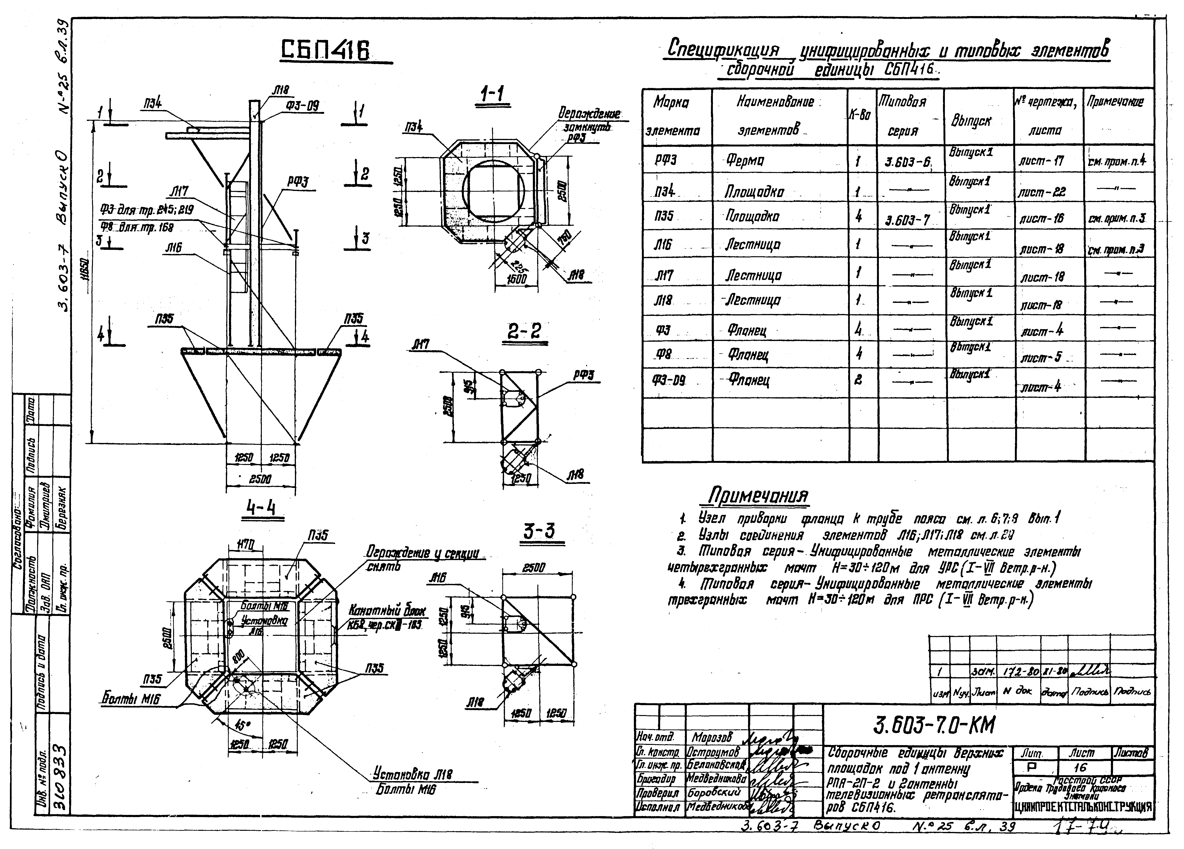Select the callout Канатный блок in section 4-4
[x=386, y=610]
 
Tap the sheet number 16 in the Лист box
[x=1080, y=768]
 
